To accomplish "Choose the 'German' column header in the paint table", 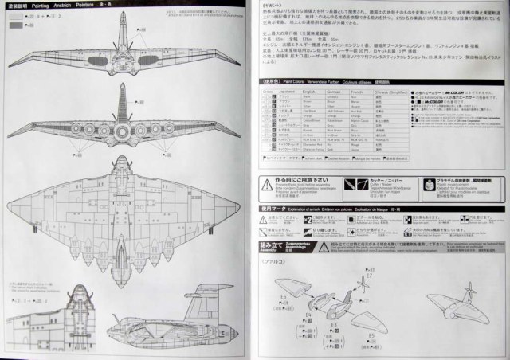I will tap(355, 92).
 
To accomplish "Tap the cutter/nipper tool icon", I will tap(351, 186).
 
